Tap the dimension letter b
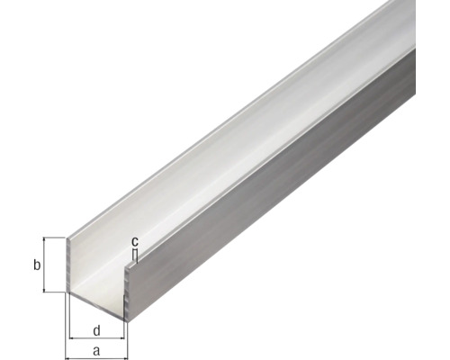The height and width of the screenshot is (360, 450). [36, 265]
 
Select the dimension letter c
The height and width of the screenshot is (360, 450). [134, 241]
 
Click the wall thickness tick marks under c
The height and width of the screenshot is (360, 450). [134, 257]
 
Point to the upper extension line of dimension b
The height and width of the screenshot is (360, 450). [54, 238]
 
